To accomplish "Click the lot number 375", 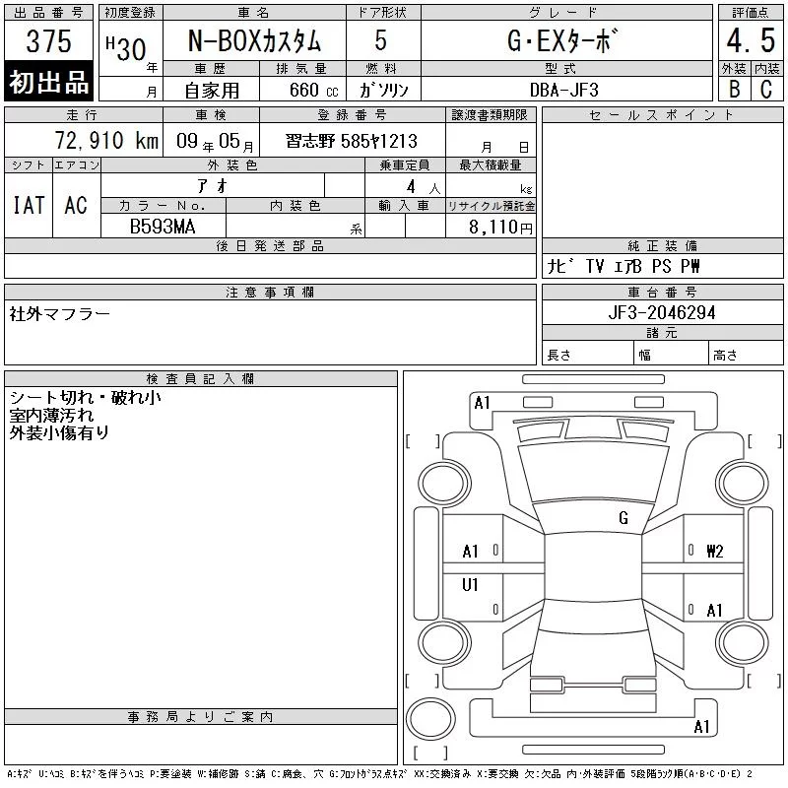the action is pyautogui.click(x=48, y=40).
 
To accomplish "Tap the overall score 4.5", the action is pyautogui.click(x=751, y=40).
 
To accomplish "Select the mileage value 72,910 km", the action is pyautogui.click(x=106, y=141).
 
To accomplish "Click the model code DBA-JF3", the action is pyautogui.click(x=563, y=90).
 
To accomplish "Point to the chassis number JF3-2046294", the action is pyautogui.click(x=662, y=312).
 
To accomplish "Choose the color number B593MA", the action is pyautogui.click(x=163, y=227).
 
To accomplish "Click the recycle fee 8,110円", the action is pyautogui.click(x=500, y=228).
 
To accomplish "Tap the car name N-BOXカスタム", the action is pyautogui.click(x=254, y=40).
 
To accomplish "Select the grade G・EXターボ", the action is pyautogui.click(x=561, y=40).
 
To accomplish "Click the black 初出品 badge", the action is pyautogui.click(x=48, y=81).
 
